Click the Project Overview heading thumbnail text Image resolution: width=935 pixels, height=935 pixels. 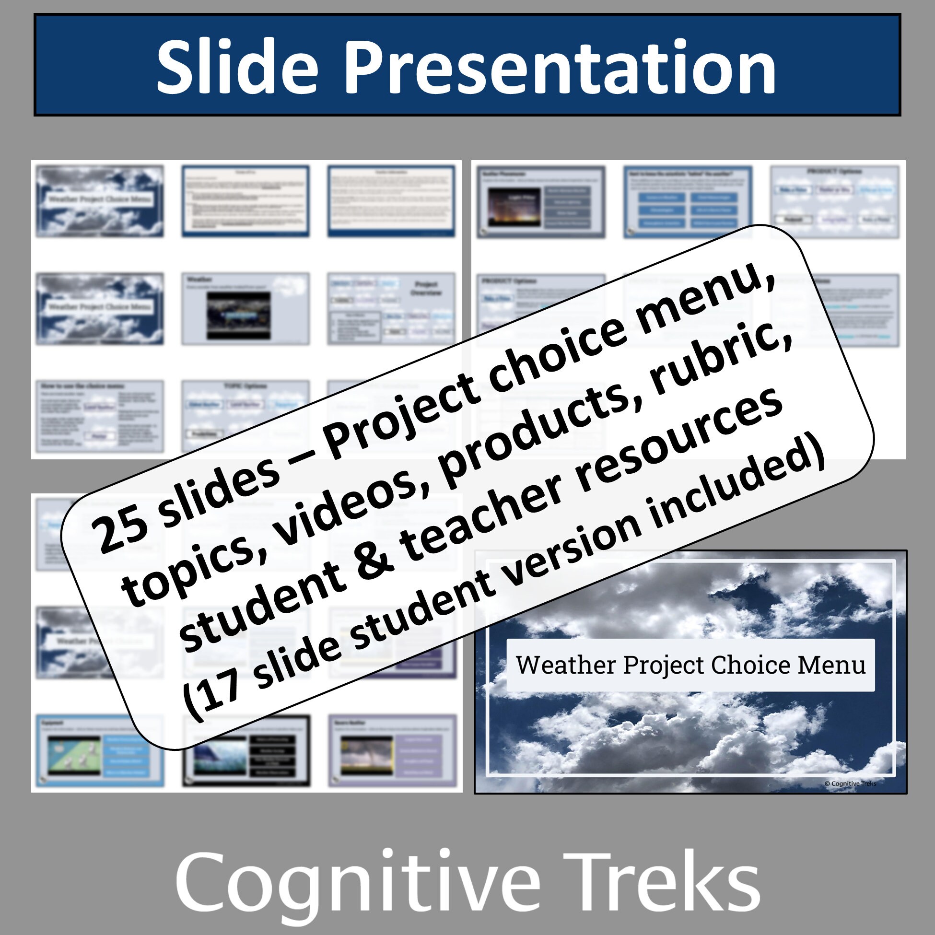pos(426,289)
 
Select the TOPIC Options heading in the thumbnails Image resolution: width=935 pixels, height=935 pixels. pos(246,386)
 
